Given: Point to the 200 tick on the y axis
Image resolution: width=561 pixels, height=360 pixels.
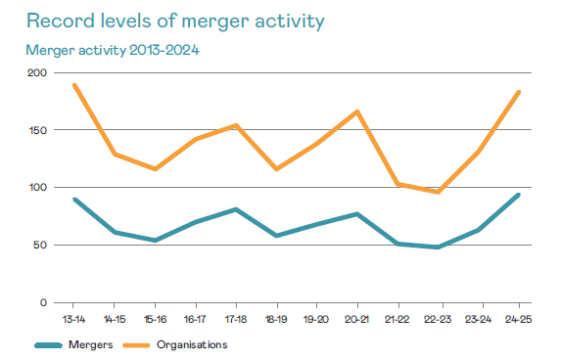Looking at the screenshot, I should (35, 72).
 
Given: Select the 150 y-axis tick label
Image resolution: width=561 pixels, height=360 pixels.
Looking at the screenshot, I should (35, 130).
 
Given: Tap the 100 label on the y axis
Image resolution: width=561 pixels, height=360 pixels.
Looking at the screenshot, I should (35, 188).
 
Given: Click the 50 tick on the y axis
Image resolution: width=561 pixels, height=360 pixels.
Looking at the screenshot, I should (38, 246).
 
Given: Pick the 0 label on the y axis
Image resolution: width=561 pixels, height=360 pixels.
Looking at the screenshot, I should (42, 302).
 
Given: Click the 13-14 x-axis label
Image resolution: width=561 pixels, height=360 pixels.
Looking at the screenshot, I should (74, 319).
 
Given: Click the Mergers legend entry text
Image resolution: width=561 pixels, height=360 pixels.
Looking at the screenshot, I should (92, 344).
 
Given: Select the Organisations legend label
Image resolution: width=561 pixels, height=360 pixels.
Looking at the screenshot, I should (194, 344).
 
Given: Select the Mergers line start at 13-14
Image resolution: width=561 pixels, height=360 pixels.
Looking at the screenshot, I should (74, 200).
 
